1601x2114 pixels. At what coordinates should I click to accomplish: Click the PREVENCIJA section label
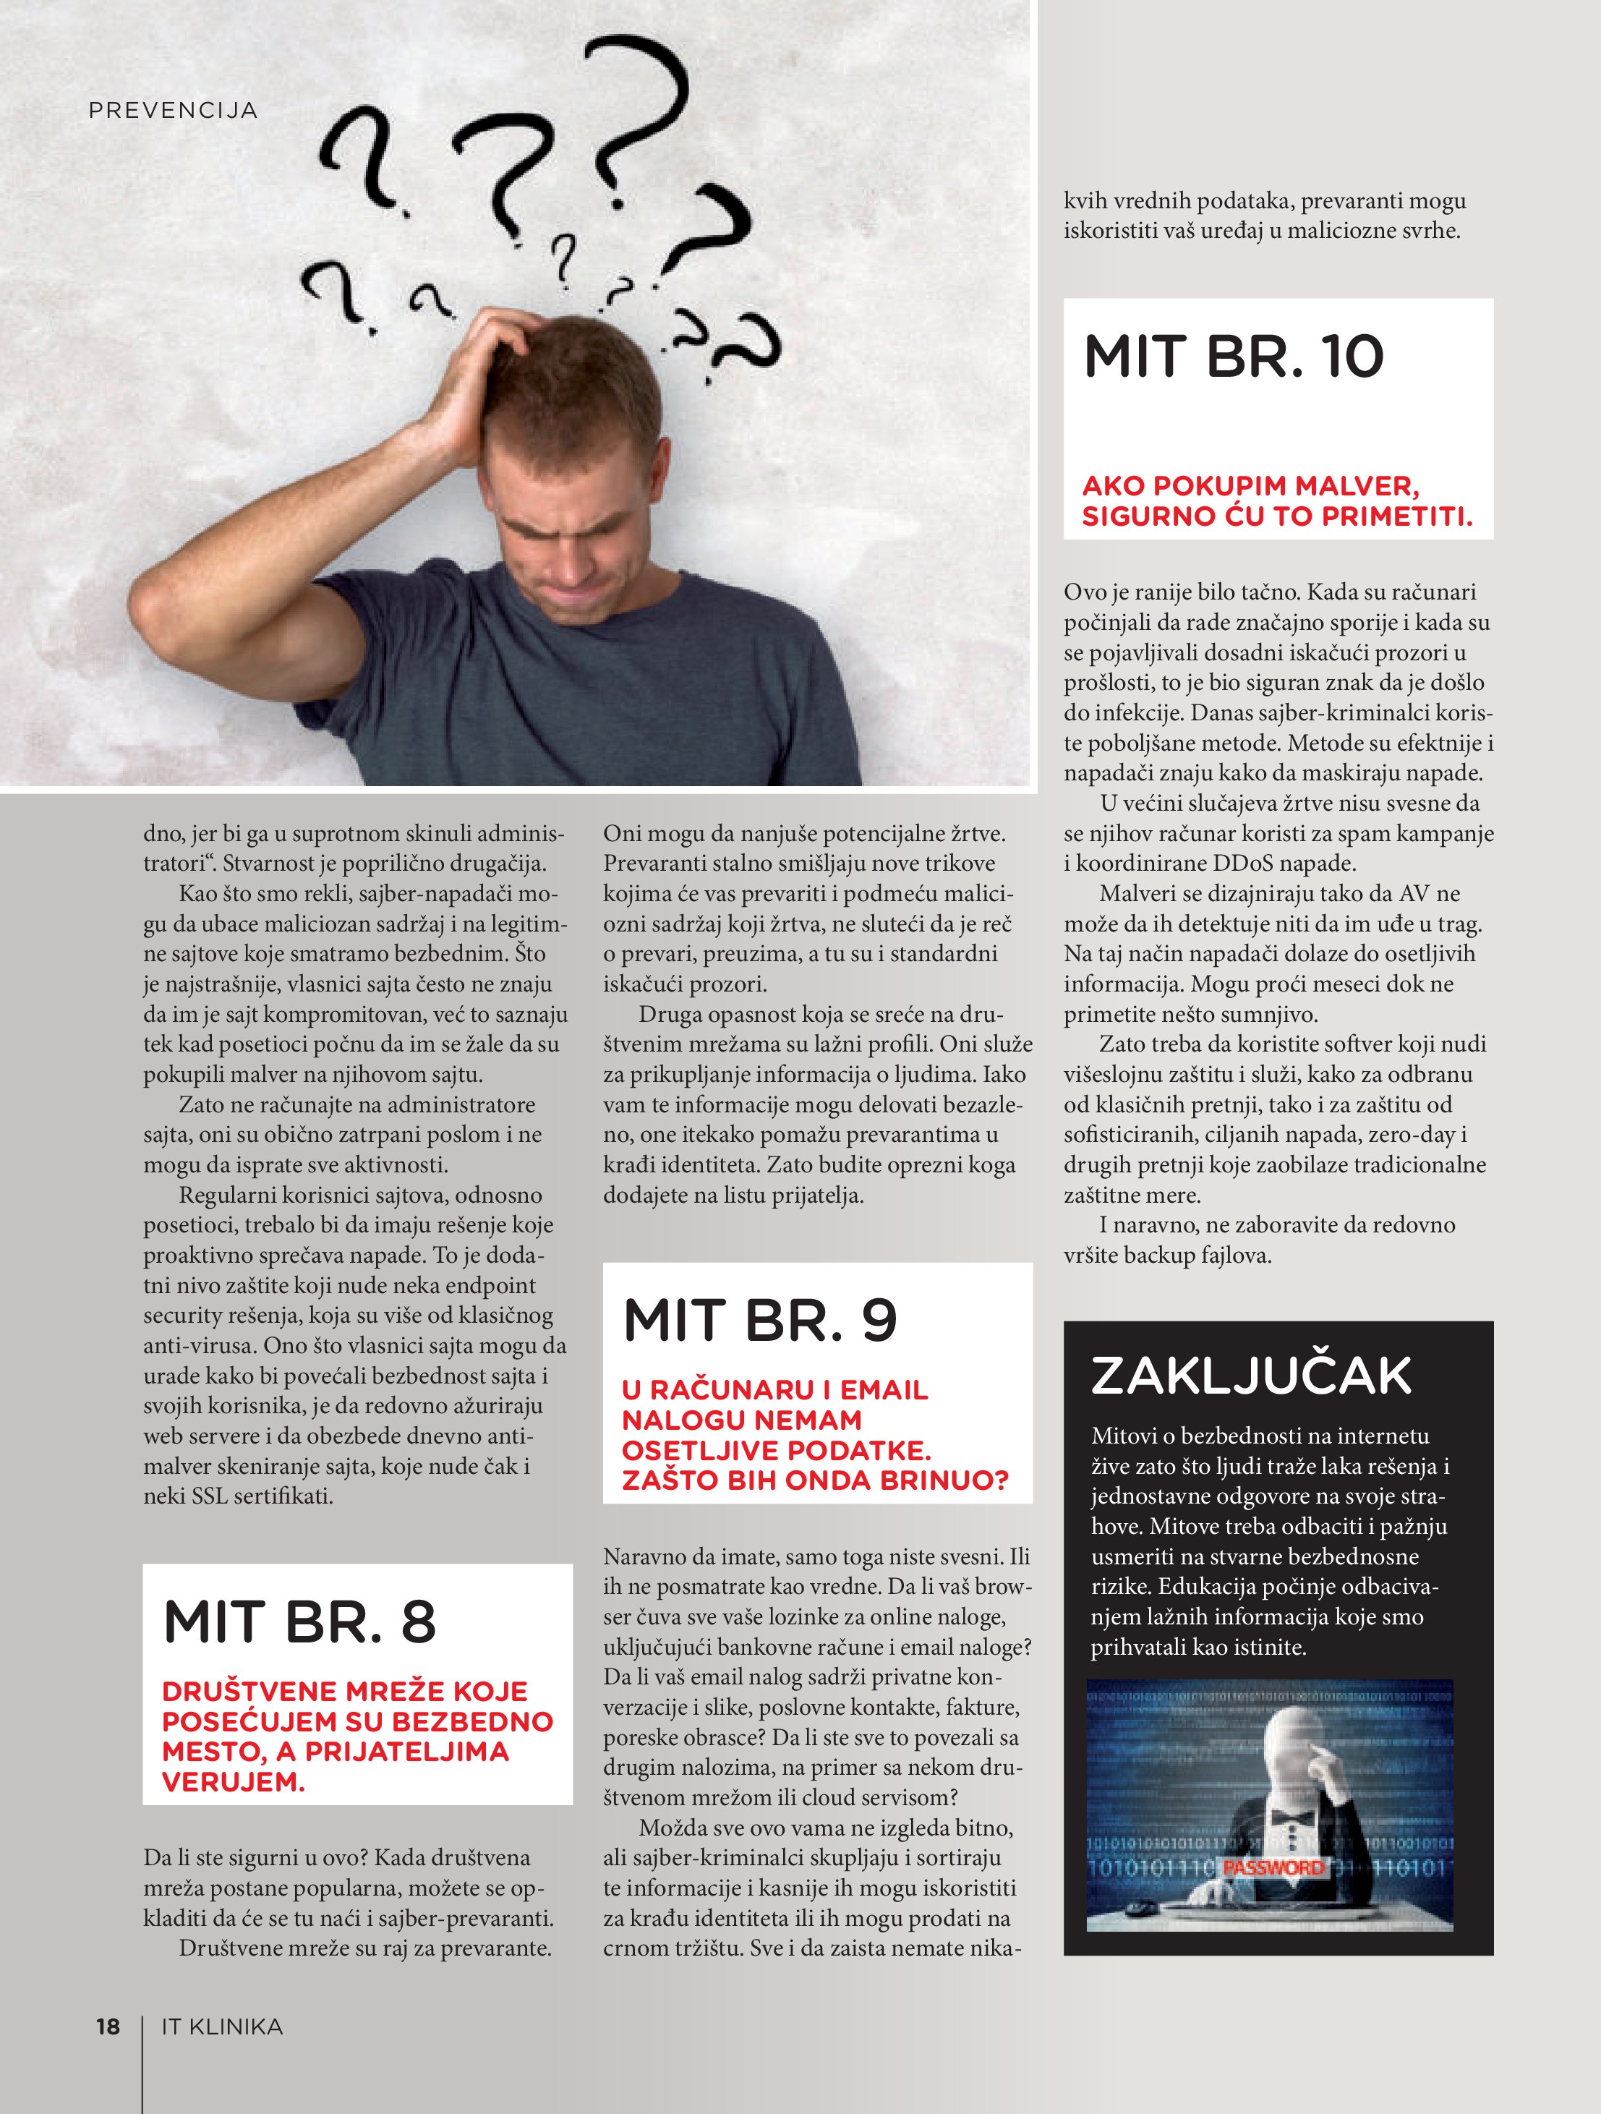point(173,111)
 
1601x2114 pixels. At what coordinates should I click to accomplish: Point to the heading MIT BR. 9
point(760,1321)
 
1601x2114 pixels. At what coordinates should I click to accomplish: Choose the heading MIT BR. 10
point(1233,357)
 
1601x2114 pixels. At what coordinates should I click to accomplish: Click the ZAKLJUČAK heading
point(1251,1376)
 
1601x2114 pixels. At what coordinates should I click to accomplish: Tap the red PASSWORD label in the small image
point(1273,1867)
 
